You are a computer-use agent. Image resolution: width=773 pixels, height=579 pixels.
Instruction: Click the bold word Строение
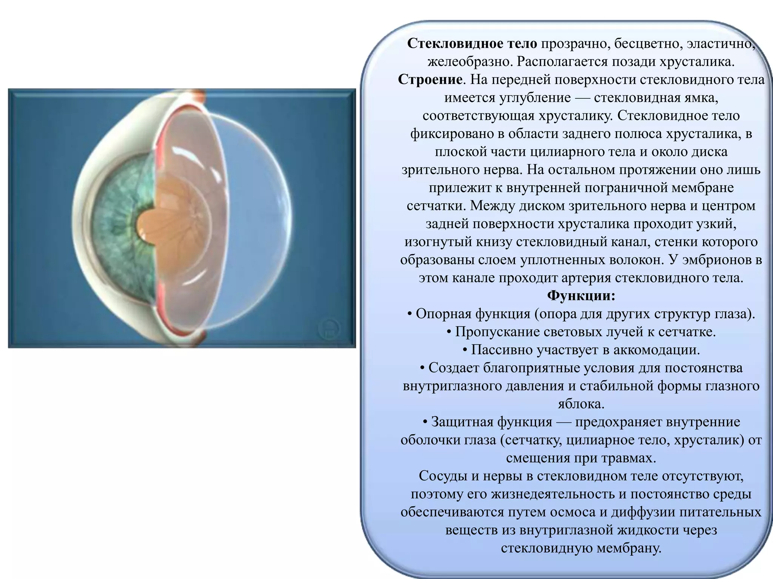pos(430,80)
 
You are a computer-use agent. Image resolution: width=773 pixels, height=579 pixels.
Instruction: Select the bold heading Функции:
pos(581,296)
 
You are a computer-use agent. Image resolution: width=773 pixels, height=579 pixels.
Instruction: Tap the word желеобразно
pos(470,61)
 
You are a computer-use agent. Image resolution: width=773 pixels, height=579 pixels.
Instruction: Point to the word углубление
pos(535,98)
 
